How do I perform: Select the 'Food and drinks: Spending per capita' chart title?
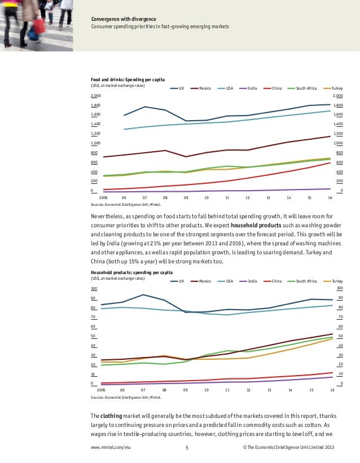tap(128, 80)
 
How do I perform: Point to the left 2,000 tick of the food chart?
tap(95, 96)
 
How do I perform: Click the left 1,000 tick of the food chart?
tap(95, 143)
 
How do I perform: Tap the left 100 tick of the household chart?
tap(94, 288)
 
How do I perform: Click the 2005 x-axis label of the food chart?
tap(103, 198)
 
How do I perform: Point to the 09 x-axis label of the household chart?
tap(186, 390)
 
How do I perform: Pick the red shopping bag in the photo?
tap(39, 25)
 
